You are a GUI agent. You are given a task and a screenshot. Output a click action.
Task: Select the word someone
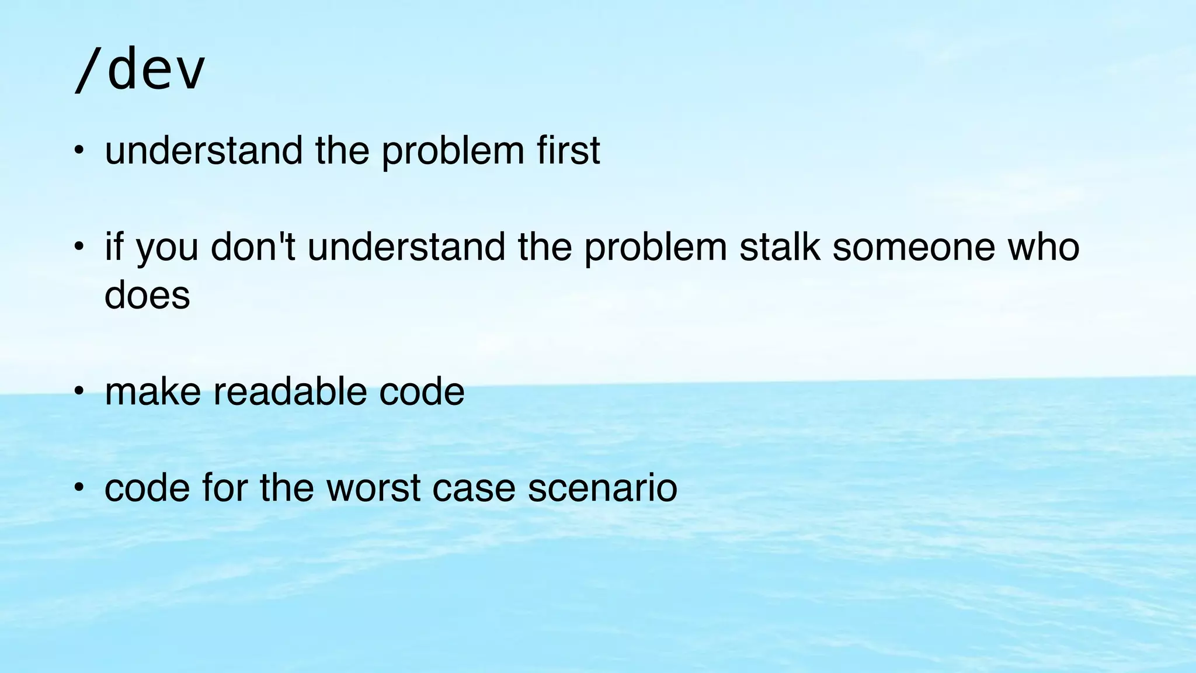click(913, 247)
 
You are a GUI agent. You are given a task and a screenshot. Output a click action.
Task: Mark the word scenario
click(602, 488)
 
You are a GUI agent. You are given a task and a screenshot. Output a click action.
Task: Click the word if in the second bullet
click(114, 247)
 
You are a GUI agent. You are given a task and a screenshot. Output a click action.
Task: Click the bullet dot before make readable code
click(79, 390)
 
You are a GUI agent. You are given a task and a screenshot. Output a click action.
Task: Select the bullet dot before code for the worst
click(79, 487)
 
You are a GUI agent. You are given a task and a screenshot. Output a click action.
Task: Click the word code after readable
click(422, 391)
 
